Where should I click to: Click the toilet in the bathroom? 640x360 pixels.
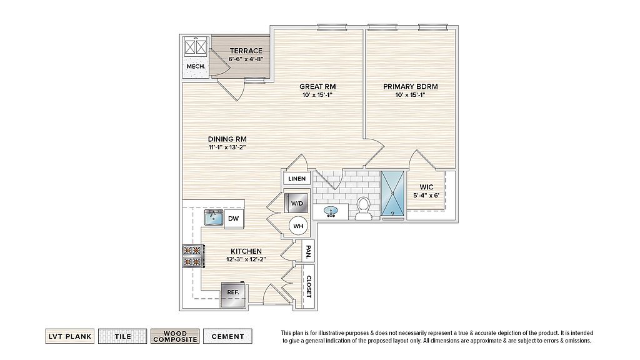(x=362, y=209)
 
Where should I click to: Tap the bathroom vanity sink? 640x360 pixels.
(x=331, y=211)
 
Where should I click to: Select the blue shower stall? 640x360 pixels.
(x=392, y=194)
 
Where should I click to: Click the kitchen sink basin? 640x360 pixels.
(x=214, y=217)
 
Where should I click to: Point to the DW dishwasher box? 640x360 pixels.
(x=234, y=218)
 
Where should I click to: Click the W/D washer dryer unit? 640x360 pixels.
(x=297, y=203)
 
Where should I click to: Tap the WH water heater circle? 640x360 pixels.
(x=298, y=226)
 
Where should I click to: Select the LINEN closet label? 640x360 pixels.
(x=297, y=179)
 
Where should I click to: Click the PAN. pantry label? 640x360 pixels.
(x=308, y=251)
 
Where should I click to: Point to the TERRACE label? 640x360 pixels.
(x=246, y=51)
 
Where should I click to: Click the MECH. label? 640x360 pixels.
(x=196, y=66)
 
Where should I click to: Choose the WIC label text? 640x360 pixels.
(x=426, y=187)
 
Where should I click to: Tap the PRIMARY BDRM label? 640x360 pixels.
(x=410, y=86)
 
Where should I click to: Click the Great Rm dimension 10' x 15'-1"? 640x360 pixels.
(x=317, y=95)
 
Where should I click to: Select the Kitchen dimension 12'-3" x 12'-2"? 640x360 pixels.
(x=246, y=259)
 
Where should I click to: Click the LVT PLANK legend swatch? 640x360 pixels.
(x=70, y=336)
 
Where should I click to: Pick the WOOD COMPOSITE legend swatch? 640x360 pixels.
(x=175, y=336)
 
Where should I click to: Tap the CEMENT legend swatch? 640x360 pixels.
(x=227, y=336)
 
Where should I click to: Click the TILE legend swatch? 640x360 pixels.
(x=122, y=336)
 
